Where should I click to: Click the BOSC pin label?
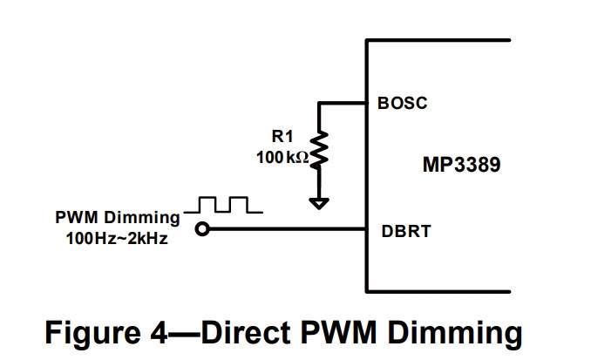pyautogui.click(x=403, y=103)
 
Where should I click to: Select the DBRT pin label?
pyautogui.click(x=406, y=232)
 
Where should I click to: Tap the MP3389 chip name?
pyautogui.click(x=462, y=165)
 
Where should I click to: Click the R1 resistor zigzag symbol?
pyautogui.click(x=319, y=149)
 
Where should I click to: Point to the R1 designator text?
pyautogui.click(x=282, y=136)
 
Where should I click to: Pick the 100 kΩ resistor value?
pyautogui.click(x=282, y=157)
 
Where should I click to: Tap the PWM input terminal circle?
pyautogui.click(x=202, y=229)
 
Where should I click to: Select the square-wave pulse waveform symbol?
pyautogui.click(x=223, y=205)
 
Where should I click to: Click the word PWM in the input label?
pyautogui.click(x=77, y=217)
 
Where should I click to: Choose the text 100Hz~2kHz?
pyautogui.click(x=117, y=239)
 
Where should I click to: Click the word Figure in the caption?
pyautogui.click(x=92, y=333)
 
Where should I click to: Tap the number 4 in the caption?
pyautogui.click(x=159, y=333)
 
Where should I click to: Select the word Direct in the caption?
pyautogui.click(x=246, y=332)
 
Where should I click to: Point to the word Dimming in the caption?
pyautogui.click(x=455, y=333)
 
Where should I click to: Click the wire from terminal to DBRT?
pyautogui.click(x=287, y=229)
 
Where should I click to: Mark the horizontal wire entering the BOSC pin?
pyautogui.click(x=342, y=103)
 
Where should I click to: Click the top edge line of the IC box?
pyautogui.click(x=438, y=40)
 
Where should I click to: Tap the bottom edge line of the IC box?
pyautogui.click(x=438, y=291)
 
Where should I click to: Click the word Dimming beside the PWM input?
pyautogui.click(x=142, y=218)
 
